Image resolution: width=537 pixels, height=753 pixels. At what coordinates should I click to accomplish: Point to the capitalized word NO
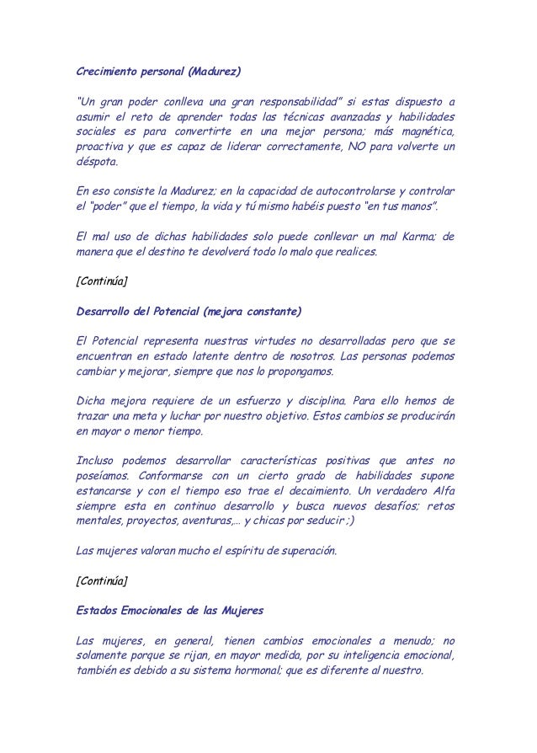350,147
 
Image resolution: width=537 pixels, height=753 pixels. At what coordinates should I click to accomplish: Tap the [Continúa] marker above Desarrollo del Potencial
102,282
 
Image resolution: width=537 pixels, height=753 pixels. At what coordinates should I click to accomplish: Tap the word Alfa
439,491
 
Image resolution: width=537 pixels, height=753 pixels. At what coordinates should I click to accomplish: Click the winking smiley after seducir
348,521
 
